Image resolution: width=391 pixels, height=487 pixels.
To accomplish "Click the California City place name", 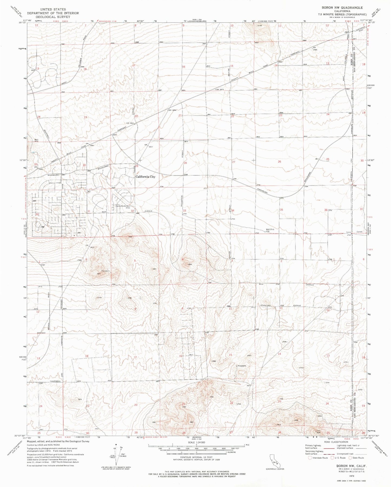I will click(x=145, y=176).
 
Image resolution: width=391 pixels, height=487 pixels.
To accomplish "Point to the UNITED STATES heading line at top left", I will click(x=53, y=9).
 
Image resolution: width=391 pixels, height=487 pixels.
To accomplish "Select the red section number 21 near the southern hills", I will click(x=183, y=404).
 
